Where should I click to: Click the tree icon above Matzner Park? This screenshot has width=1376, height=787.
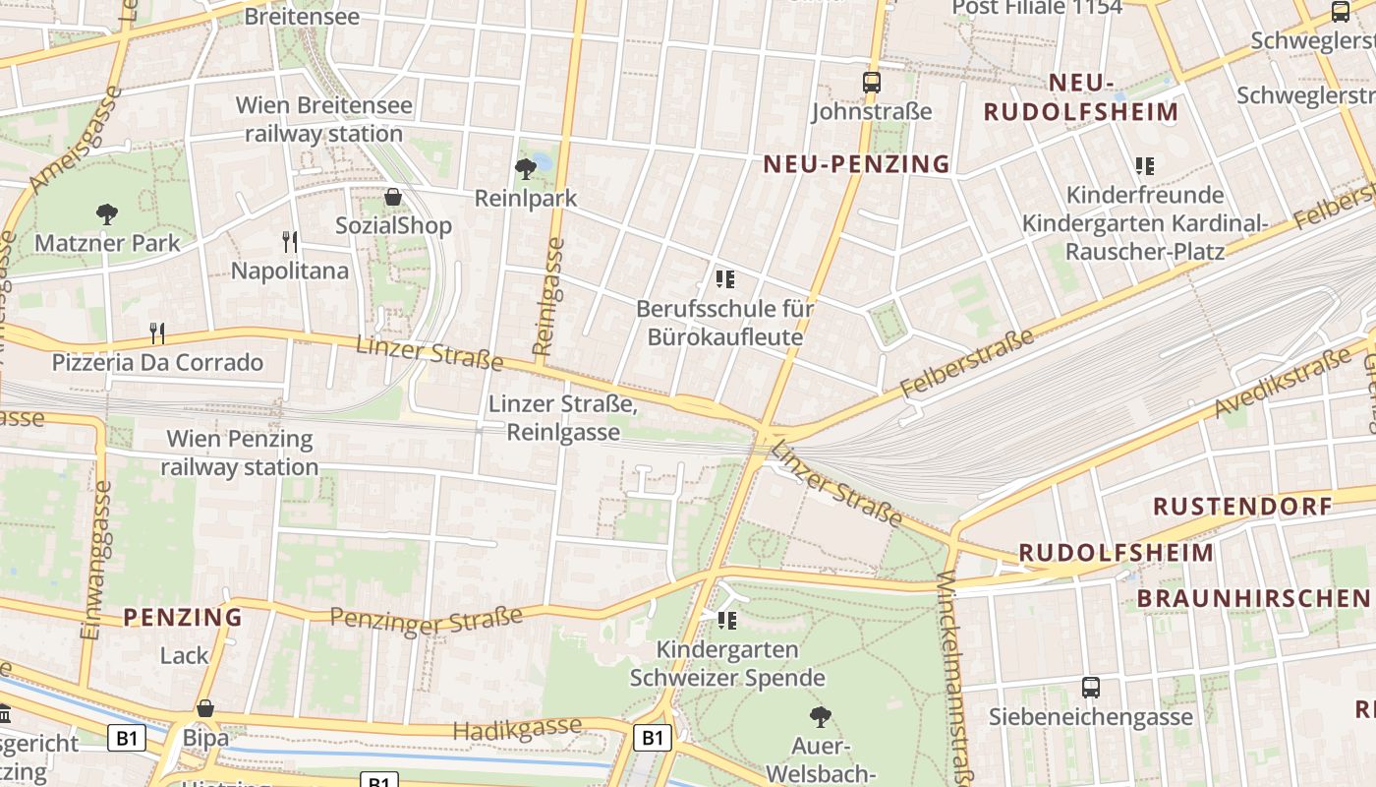pos(106,213)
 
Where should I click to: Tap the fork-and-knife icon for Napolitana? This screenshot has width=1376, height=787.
pos(289,241)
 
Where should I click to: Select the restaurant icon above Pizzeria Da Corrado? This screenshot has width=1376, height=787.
pos(156,333)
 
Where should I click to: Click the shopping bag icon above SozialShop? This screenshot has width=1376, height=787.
pos(393,197)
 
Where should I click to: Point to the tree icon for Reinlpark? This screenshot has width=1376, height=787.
pos(526,168)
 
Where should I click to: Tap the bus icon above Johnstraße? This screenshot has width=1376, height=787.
pos(871,83)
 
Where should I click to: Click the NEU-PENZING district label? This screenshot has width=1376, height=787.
pos(857,164)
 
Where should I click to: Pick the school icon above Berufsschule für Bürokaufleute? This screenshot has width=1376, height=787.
pos(725,279)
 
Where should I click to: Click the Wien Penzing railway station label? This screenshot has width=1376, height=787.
pos(241,453)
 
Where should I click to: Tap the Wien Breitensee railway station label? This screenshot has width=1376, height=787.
pos(324,119)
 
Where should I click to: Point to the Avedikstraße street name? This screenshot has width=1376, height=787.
pos(1283,385)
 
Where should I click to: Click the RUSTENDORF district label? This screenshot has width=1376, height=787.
pos(1242,507)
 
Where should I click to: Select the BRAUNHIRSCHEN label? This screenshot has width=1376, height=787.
pos(1253,598)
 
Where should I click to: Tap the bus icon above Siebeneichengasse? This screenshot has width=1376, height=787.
pos(1090,687)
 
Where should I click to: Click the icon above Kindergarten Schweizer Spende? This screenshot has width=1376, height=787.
pos(726,620)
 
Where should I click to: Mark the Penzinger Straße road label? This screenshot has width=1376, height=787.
pos(426,619)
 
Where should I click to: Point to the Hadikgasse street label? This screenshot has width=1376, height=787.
pos(517,730)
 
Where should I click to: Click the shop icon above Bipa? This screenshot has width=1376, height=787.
pos(205,708)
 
